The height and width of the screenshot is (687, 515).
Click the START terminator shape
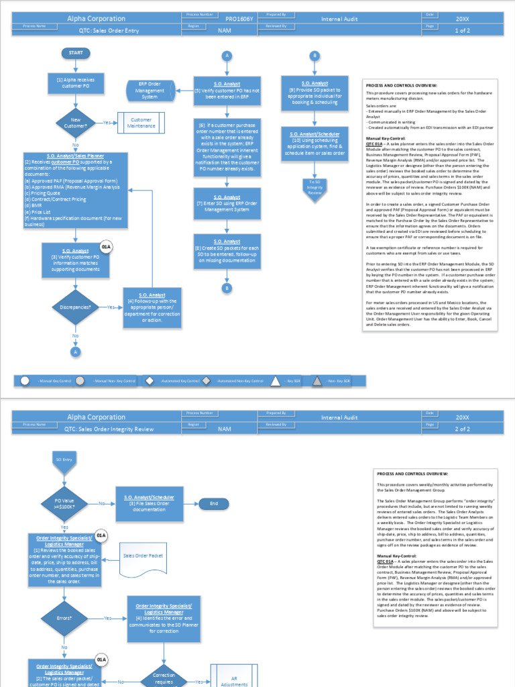point(75,53)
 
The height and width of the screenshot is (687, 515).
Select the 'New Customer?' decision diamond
point(75,123)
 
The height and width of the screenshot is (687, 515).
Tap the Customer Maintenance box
point(141,123)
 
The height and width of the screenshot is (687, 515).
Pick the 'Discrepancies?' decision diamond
point(75,307)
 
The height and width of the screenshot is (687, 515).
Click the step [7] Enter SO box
point(227,203)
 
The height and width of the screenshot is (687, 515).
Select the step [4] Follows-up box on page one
point(152,307)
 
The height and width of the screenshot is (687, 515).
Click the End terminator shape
point(214,503)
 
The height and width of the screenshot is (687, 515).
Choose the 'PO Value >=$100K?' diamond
point(64,503)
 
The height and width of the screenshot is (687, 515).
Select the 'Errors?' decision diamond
point(64,617)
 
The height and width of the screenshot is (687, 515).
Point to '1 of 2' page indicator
point(463,30)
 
